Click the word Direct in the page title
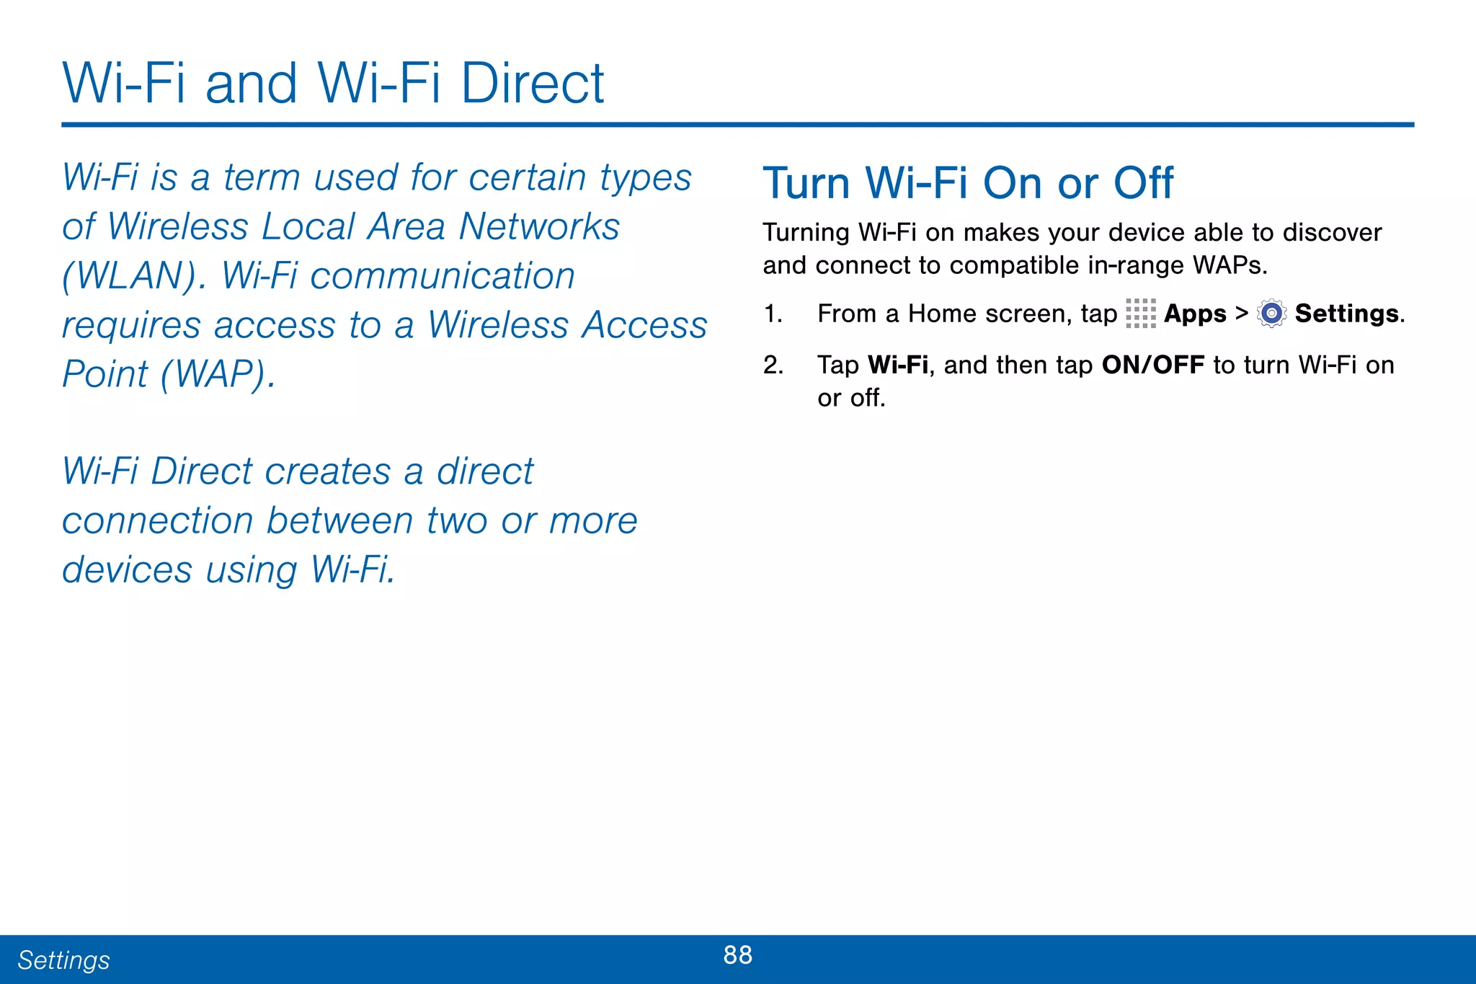click(532, 84)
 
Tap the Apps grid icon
click(1140, 314)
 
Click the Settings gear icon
click(1271, 314)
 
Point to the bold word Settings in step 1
click(1346, 314)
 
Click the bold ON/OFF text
click(1152, 365)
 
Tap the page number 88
click(737, 954)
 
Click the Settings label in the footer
click(63, 960)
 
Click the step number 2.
click(773, 365)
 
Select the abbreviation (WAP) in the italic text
click(218, 374)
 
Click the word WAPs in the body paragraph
click(1230, 266)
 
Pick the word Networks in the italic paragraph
click(539, 227)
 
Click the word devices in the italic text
click(127, 570)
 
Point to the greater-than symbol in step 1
click(1241, 314)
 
